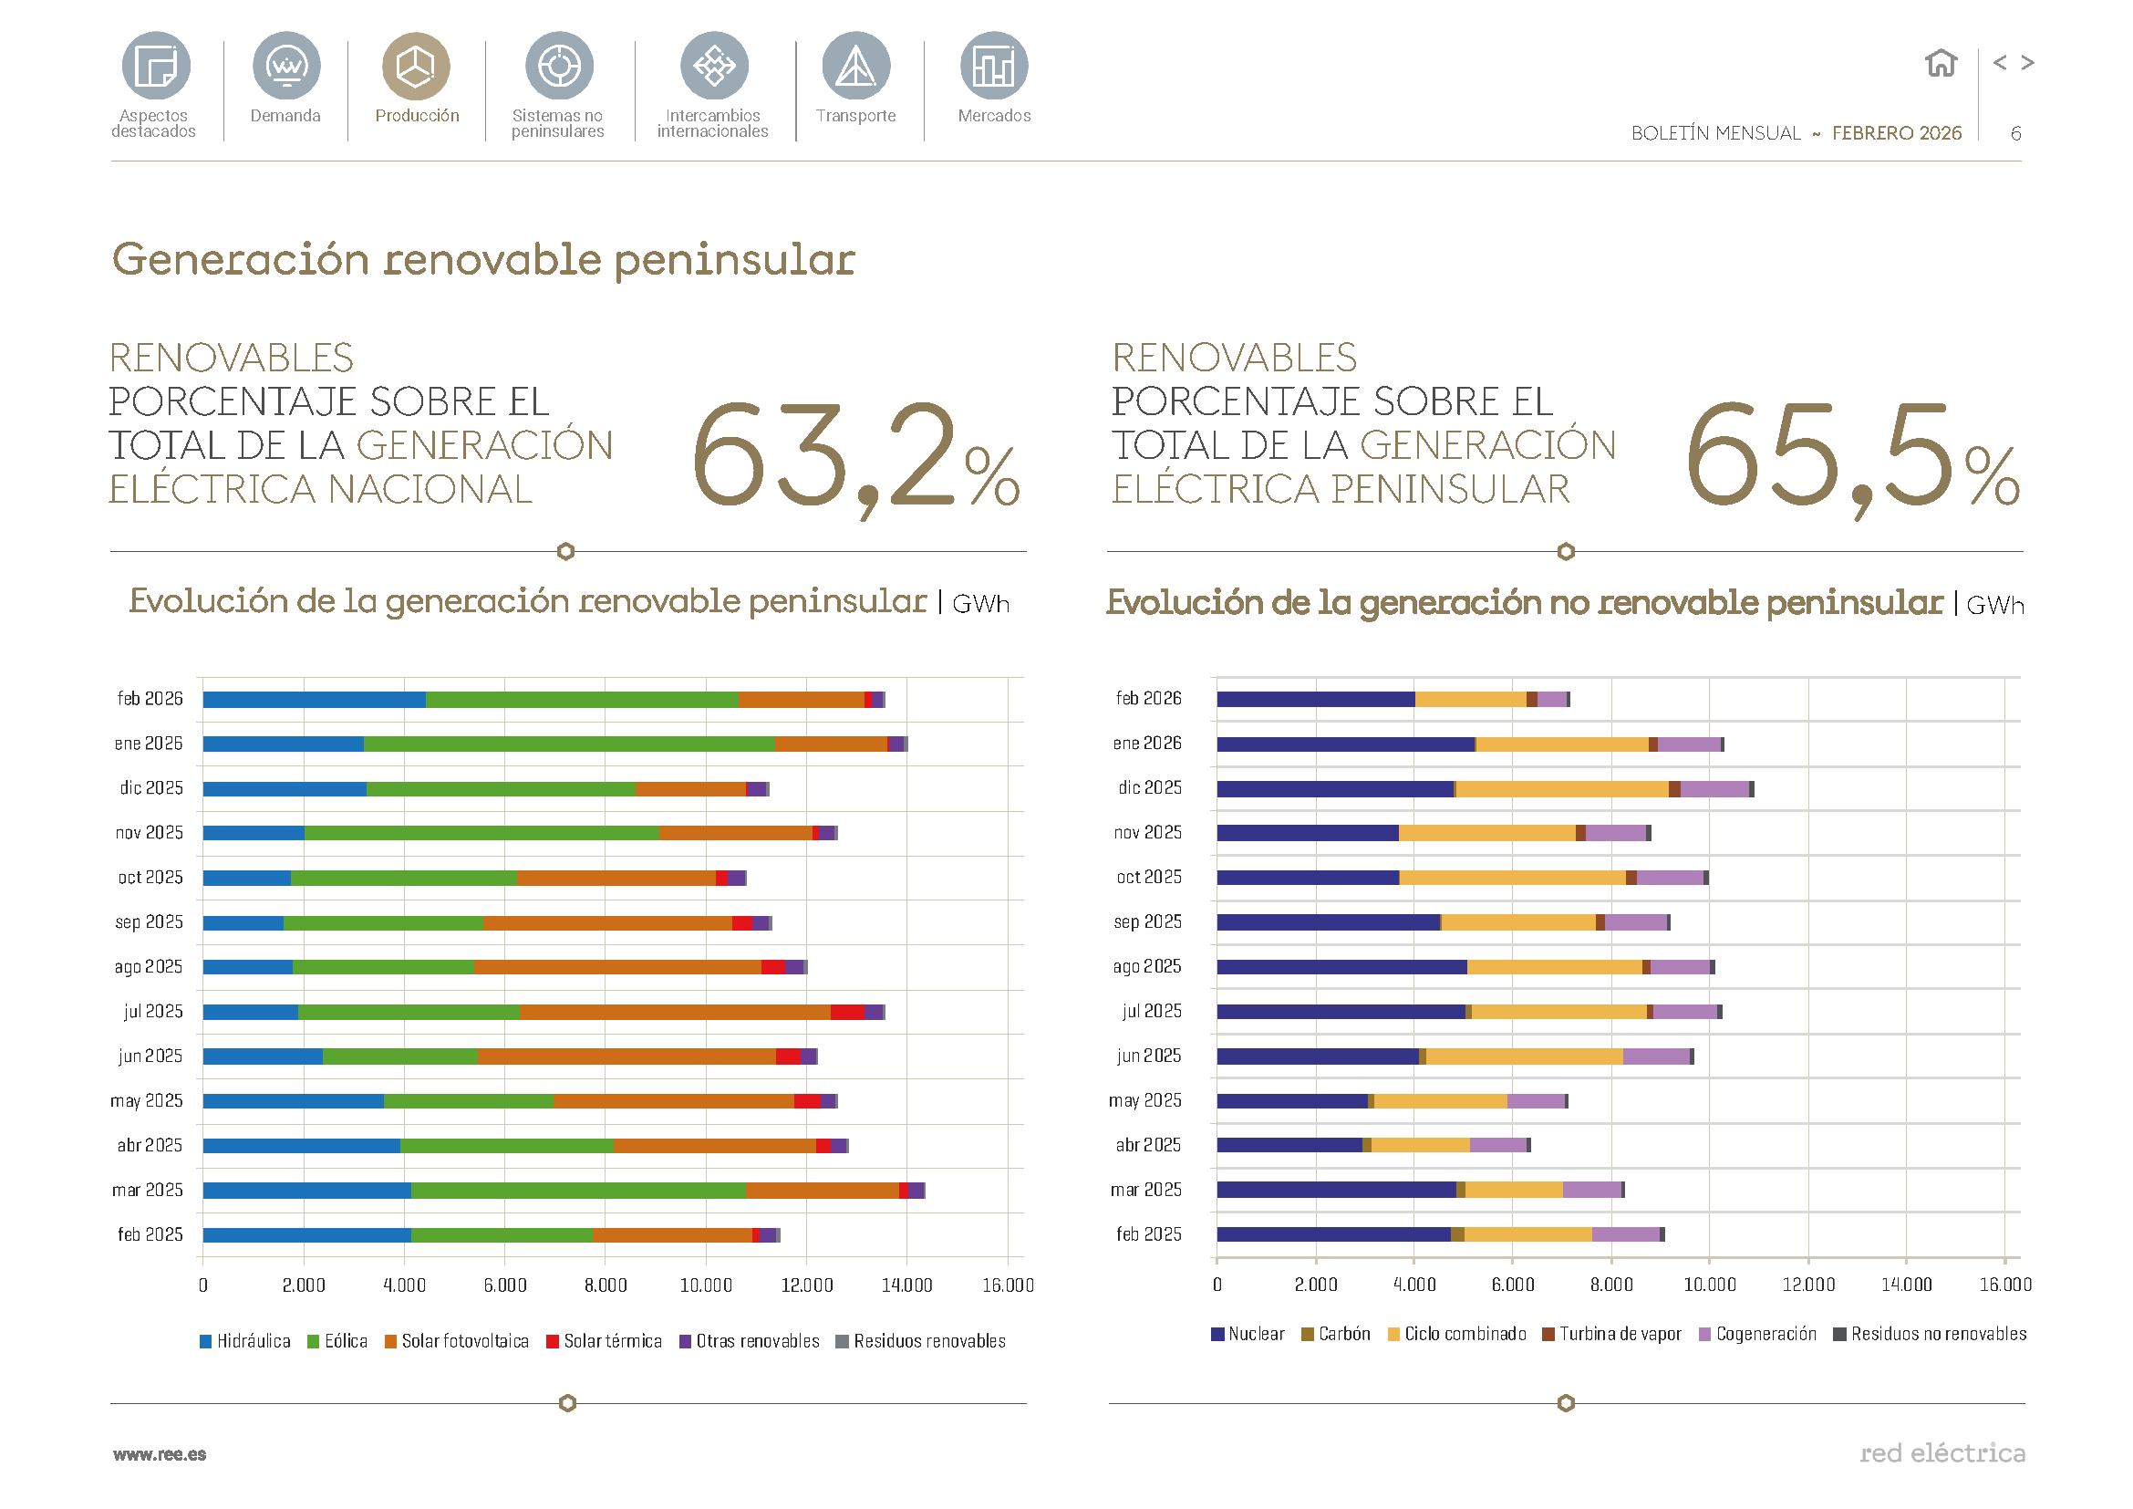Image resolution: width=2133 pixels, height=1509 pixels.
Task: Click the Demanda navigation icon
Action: pos(286,66)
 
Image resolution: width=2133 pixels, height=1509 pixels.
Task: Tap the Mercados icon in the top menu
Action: pos(993,66)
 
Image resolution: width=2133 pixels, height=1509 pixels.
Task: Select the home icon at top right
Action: pos(1940,63)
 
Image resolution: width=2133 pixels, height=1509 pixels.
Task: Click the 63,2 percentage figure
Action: pos(854,455)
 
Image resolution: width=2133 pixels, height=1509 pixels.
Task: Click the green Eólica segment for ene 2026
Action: pos(568,744)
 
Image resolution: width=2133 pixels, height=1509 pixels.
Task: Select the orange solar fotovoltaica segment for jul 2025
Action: pos(675,1012)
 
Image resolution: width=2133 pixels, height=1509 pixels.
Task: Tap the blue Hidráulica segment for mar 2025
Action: pos(306,1191)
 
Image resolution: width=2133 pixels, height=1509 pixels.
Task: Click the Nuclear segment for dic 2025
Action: pos(1334,789)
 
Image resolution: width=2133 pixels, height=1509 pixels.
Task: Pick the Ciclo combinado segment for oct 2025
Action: pos(1511,878)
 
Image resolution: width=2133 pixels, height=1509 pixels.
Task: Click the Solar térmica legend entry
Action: pos(604,1341)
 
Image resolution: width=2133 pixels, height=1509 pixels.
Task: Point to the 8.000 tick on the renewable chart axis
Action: pos(605,1285)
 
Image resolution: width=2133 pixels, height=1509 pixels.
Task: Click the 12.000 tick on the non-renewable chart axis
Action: pos(1807,1285)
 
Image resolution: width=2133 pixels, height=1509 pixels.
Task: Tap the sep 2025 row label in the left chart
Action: pos(149,922)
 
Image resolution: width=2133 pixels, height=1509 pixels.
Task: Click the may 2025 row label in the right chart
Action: pos(1144,1101)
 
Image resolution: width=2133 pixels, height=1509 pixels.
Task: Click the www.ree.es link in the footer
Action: pos(160,1454)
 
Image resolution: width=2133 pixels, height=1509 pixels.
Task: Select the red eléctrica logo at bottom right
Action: pos(1941,1452)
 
